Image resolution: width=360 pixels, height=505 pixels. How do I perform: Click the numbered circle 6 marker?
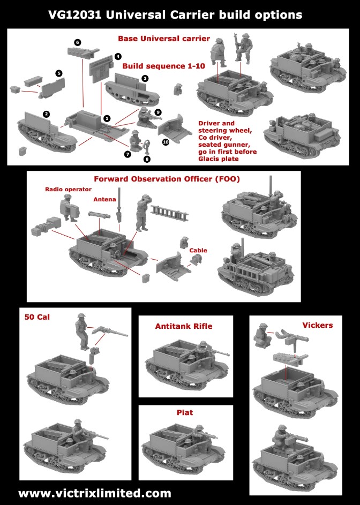tap(77, 42)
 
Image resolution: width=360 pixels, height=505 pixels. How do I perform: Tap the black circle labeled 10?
tap(166, 142)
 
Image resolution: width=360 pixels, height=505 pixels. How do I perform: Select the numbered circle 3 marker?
tap(145, 78)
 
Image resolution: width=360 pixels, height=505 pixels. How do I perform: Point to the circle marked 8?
tap(147, 159)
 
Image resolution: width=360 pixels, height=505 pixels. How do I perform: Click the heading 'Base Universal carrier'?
tap(164, 39)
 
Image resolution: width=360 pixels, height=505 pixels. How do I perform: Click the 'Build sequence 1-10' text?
tap(164, 66)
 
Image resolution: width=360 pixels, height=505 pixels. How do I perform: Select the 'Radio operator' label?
tap(69, 190)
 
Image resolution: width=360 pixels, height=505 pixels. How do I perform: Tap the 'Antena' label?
tap(105, 199)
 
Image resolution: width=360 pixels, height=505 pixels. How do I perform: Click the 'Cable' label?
tap(198, 250)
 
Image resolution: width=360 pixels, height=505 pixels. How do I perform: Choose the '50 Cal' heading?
tap(37, 317)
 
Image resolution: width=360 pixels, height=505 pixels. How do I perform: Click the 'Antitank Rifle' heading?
tap(184, 326)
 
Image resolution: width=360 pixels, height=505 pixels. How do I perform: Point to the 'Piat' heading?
tap(185, 412)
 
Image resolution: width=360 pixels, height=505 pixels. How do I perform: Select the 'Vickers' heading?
tap(318, 325)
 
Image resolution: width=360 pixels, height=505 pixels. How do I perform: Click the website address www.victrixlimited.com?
tap(95, 493)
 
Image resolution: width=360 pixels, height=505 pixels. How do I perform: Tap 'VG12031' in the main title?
tap(75, 15)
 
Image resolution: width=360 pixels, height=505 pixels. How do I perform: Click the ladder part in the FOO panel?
tap(170, 213)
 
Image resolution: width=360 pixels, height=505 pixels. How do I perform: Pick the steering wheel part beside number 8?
tap(147, 147)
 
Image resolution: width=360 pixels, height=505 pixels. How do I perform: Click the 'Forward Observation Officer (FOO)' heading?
tap(167, 179)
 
